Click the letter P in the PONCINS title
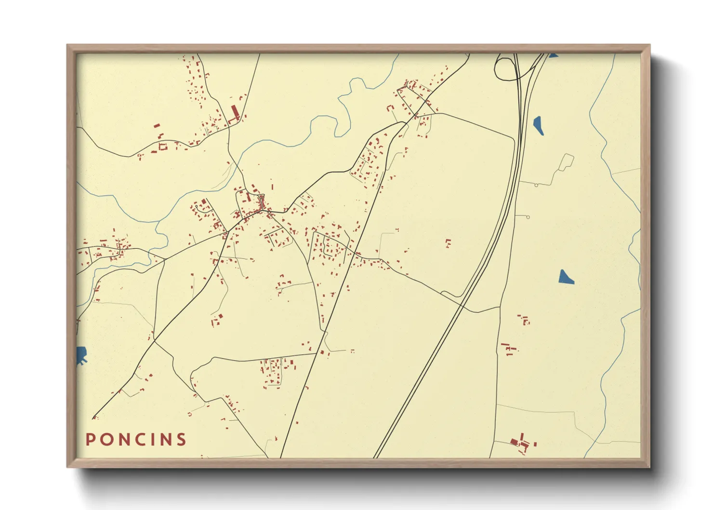[90, 439]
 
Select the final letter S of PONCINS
[181, 439]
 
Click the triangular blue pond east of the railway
[565, 278]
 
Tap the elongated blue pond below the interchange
[538, 125]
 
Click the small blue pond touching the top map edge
[553, 55]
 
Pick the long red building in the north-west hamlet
[235, 113]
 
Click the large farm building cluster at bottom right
[520, 442]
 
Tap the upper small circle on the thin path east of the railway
[536, 185]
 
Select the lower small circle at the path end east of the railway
[528, 217]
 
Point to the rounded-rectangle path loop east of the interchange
[567, 162]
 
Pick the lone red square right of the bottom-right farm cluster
[535, 444]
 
